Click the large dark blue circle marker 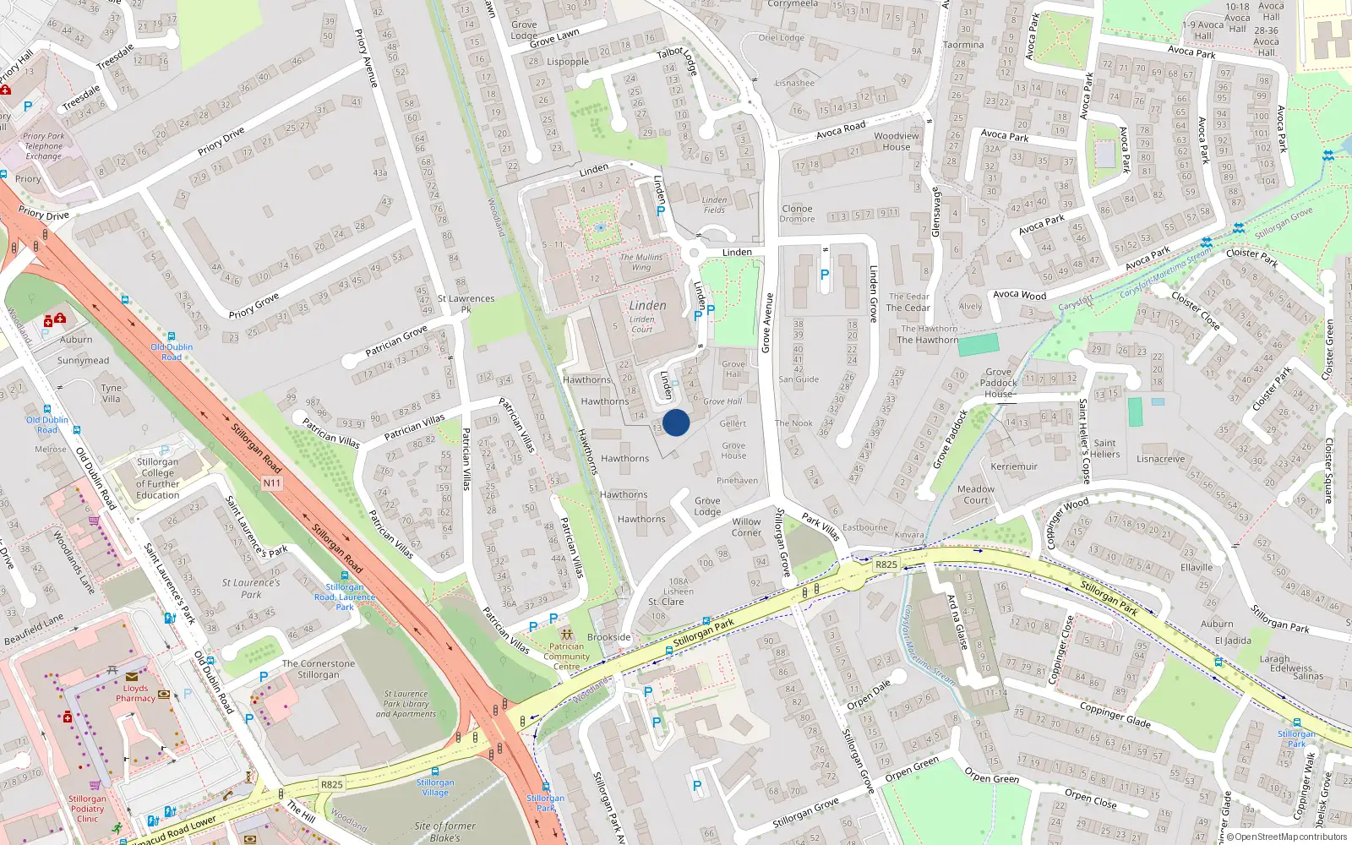click(x=676, y=422)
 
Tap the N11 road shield click(x=272, y=483)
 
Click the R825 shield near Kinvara click(x=886, y=564)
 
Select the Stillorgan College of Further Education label click(x=158, y=478)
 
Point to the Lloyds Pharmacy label click(x=135, y=693)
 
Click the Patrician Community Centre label click(x=566, y=657)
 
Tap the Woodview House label click(x=897, y=141)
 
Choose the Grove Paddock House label click(x=999, y=383)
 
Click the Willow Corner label click(x=746, y=527)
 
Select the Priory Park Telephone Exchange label click(x=43, y=146)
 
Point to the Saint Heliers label click(x=1105, y=449)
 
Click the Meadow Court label click(x=976, y=494)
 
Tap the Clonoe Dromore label click(x=797, y=214)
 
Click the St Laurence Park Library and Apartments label click(x=406, y=704)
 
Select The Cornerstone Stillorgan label click(x=319, y=669)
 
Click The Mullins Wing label click(x=641, y=262)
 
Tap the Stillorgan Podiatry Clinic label click(x=87, y=809)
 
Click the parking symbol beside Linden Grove click(x=825, y=274)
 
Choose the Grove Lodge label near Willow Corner click(x=707, y=506)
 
